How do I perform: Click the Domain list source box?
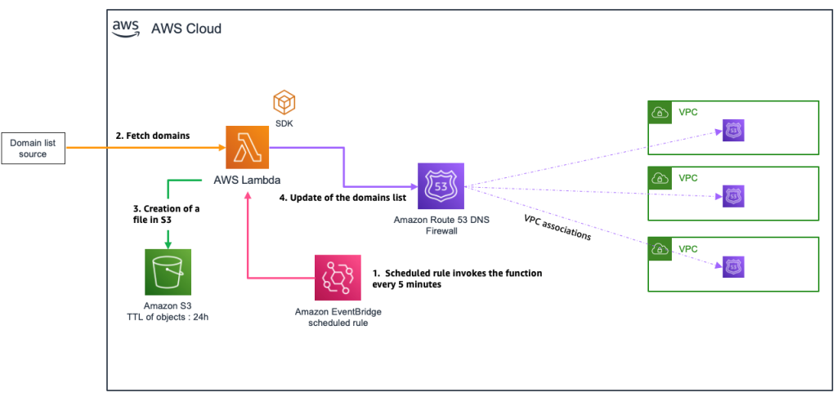click(x=34, y=149)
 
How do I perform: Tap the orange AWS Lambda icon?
click(x=247, y=148)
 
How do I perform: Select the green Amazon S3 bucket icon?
click(x=167, y=272)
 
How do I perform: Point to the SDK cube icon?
click(x=284, y=103)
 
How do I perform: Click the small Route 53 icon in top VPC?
click(x=733, y=131)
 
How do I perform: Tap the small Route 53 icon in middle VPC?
click(x=733, y=196)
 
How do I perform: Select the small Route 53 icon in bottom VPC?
click(x=733, y=265)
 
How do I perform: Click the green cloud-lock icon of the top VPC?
click(x=660, y=112)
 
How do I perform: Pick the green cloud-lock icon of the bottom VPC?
click(x=660, y=247)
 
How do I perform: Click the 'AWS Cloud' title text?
click(x=186, y=29)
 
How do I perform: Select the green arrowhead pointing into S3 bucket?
click(x=168, y=243)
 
